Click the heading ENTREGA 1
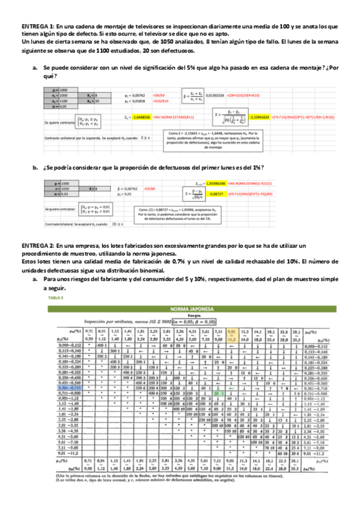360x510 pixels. pyautogui.click(x=38, y=28)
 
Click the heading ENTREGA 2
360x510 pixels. pyautogui.click(x=38, y=247)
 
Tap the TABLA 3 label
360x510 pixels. pyautogui.click(x=55, y=298)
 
